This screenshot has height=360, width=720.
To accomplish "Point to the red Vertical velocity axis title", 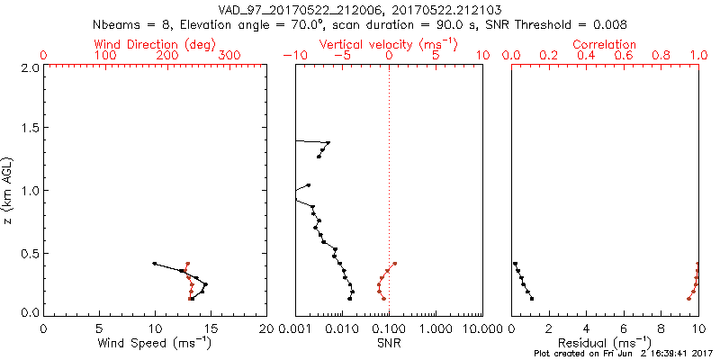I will [388, 44].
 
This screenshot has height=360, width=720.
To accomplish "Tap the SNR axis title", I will [389, 344].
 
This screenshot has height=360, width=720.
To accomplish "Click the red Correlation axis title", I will [604, 44].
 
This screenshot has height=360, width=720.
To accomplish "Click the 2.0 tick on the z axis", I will [28, 67].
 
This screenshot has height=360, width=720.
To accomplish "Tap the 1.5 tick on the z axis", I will [28, 129].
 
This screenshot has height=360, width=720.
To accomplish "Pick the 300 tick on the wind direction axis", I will [229, 56].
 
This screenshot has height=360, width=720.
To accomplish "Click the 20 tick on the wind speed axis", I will [266, 328].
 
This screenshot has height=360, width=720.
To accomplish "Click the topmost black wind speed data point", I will [155, 264].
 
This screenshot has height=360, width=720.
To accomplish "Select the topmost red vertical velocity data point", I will [395, 264].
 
